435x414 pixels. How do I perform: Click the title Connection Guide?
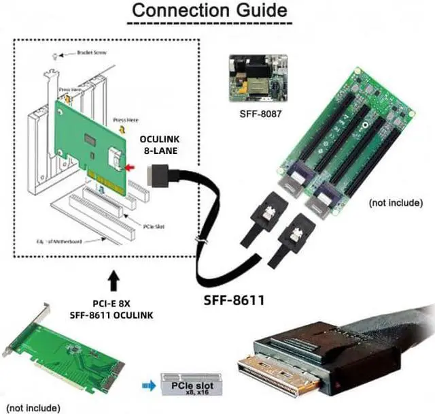(x=209, y=12)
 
